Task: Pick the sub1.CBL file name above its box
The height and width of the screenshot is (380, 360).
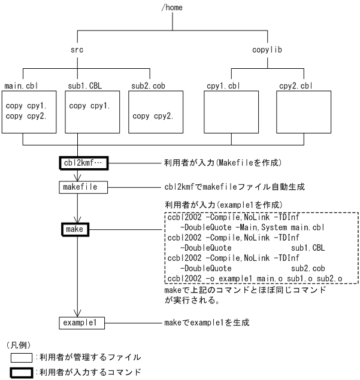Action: point(83,87)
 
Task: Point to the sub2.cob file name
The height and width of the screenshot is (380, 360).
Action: point(147,87)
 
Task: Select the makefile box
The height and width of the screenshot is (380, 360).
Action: point(83,187)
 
